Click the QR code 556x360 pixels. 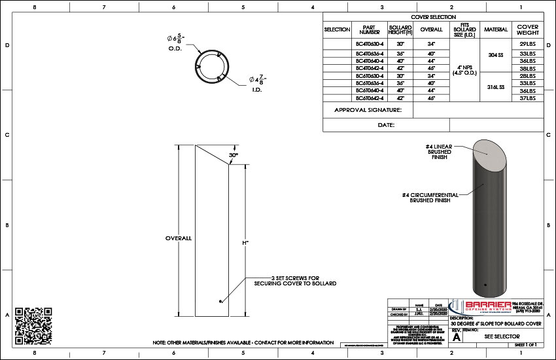tap(33, 321)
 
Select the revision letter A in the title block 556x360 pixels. tap(457, 336)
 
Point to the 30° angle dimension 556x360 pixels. tap(233, 155)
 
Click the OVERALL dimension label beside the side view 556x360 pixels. tap(178, 238)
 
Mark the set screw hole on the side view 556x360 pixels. tap(220, 301)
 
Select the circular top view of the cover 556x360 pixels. tap(217, 66)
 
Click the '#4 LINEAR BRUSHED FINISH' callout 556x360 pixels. tap(439, 152)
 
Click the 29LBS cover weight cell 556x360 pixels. tap(527, 43)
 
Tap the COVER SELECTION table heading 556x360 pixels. tap(433, 17)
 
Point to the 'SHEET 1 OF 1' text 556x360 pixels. tap(525, 344)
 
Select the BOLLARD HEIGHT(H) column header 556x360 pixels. tap(400, 29)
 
